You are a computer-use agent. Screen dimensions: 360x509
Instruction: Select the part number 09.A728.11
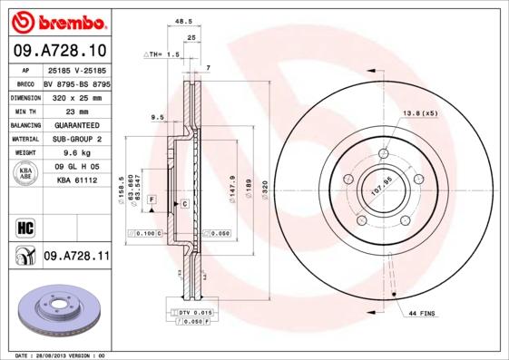pyautogui.click(x=76, y=258)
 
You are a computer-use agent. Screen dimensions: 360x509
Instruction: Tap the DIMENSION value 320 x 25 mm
pyautogui.click(x=75, y=95)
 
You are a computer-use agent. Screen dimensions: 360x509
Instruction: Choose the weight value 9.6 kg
pyautogui.click(x=75, y=153)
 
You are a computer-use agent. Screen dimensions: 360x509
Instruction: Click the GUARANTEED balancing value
pyautogui.click(x=75, y=124)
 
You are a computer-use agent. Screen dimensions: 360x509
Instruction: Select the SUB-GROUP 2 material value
pyautogui.click(x=75, y=139)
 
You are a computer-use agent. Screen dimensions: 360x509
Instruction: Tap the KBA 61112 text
pyautogui.click(x=76, y=180)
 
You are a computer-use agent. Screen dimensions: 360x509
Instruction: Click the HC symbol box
pyautogui.click(x=24, y=227)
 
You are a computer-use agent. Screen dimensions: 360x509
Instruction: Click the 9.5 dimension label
pyautogui.click(x=156, y=117)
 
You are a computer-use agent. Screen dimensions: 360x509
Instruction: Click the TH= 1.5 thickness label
pyautogui.click(x=162, y=55)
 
